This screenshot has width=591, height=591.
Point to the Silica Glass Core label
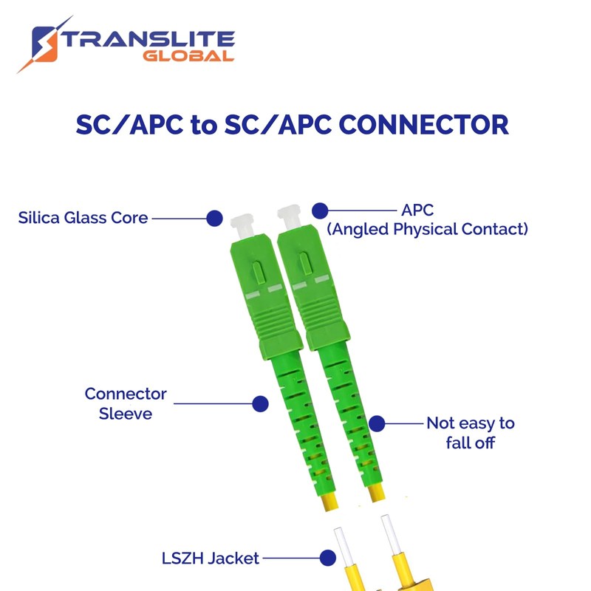[x=83, y=218]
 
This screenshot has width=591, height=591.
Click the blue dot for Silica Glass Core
[x=214, y=218]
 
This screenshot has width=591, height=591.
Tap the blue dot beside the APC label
[x=319, y=211]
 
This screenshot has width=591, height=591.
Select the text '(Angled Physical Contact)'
[x=428, y=230]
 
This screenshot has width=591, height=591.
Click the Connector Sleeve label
[x=126, y=403]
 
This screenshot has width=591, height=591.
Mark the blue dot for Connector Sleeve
[x=260, y=403]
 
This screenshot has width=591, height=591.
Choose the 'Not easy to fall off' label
[x=470, y=433]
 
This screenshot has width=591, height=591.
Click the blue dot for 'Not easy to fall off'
[x=377, y=423]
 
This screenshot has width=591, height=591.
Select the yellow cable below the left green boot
[x=330, y=503]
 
